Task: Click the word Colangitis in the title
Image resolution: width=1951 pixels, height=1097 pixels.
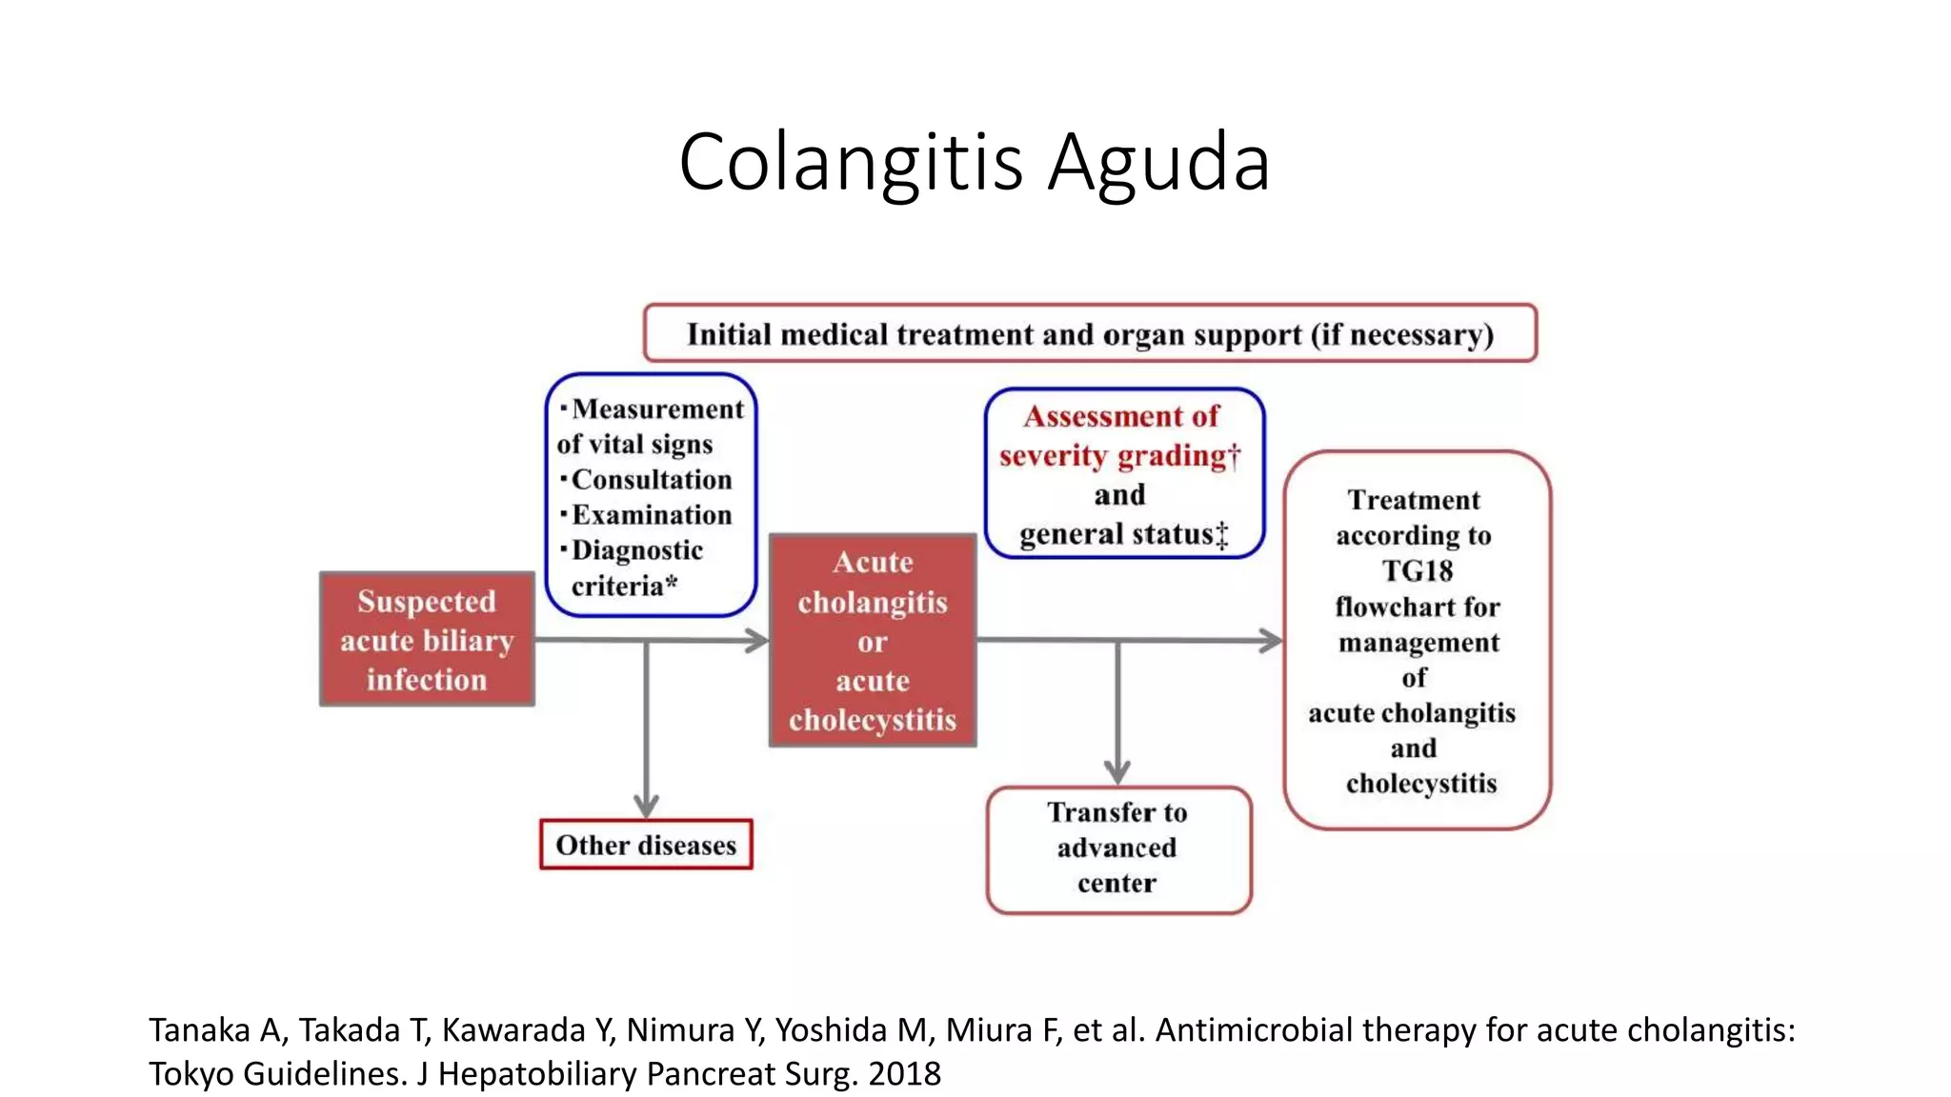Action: pos(851,163)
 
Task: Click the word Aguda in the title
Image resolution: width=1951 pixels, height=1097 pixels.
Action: pos(1160,163)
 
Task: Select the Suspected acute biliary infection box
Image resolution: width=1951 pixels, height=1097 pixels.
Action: pos(427,639)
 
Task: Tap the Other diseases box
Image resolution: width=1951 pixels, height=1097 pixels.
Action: pos(646,845)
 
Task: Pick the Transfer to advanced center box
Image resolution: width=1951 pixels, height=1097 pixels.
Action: pos(1118,849)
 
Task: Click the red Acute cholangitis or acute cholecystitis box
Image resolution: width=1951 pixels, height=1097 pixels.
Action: pos(873,640)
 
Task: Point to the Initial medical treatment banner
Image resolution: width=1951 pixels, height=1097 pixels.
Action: pos(1090,333)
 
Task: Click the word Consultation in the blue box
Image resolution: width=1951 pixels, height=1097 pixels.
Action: pos(652,479)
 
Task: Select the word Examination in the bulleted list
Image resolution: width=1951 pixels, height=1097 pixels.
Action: pos(652,514)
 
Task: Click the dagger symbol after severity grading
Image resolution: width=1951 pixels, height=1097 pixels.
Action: pos(1235,456)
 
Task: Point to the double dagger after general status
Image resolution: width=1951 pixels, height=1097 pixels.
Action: pos(1222,535)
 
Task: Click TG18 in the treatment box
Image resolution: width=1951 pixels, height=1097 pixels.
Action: pos(1418,570)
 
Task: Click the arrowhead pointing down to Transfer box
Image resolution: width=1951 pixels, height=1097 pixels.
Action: pos(1117,772)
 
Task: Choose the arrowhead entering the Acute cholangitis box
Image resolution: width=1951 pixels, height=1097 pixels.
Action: pos(756,640)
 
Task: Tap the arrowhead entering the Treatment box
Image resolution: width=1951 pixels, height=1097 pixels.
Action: pos(1271,640)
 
